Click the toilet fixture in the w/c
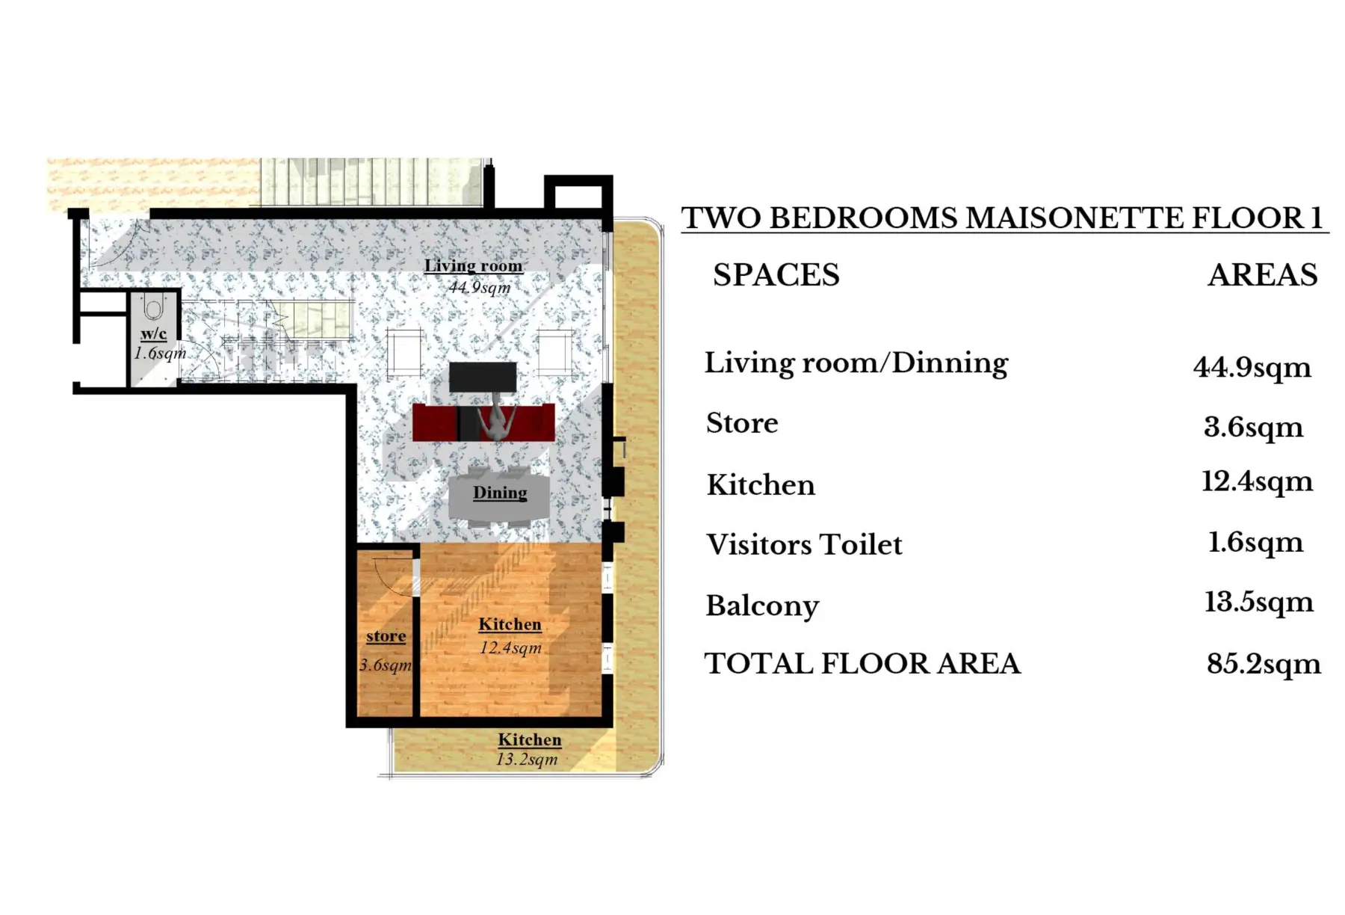153,307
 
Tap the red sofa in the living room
483,422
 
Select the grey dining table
499,495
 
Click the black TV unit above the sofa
483,378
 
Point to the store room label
386,636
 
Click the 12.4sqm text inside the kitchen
510,647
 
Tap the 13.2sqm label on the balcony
527,760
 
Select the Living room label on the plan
473,265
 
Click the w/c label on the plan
153,333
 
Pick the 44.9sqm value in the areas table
1252,368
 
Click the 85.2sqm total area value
1264,664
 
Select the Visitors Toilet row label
804,544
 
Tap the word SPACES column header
776,275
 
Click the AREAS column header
1263,275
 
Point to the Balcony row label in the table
762,606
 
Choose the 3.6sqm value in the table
1253,427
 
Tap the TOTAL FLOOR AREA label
862,664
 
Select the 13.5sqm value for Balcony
1258,603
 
